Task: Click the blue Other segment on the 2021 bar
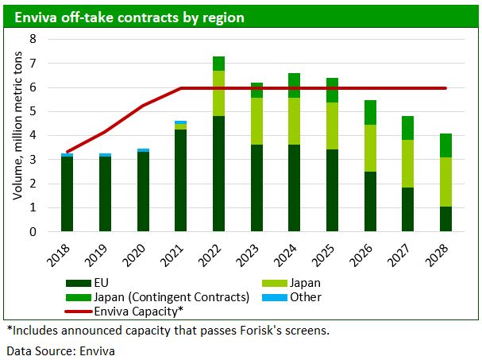[x=181, y=122]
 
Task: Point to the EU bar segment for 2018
[x=67, y=194]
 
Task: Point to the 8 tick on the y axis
[x=33, y=39]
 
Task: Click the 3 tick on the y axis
[x=33, y=160]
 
